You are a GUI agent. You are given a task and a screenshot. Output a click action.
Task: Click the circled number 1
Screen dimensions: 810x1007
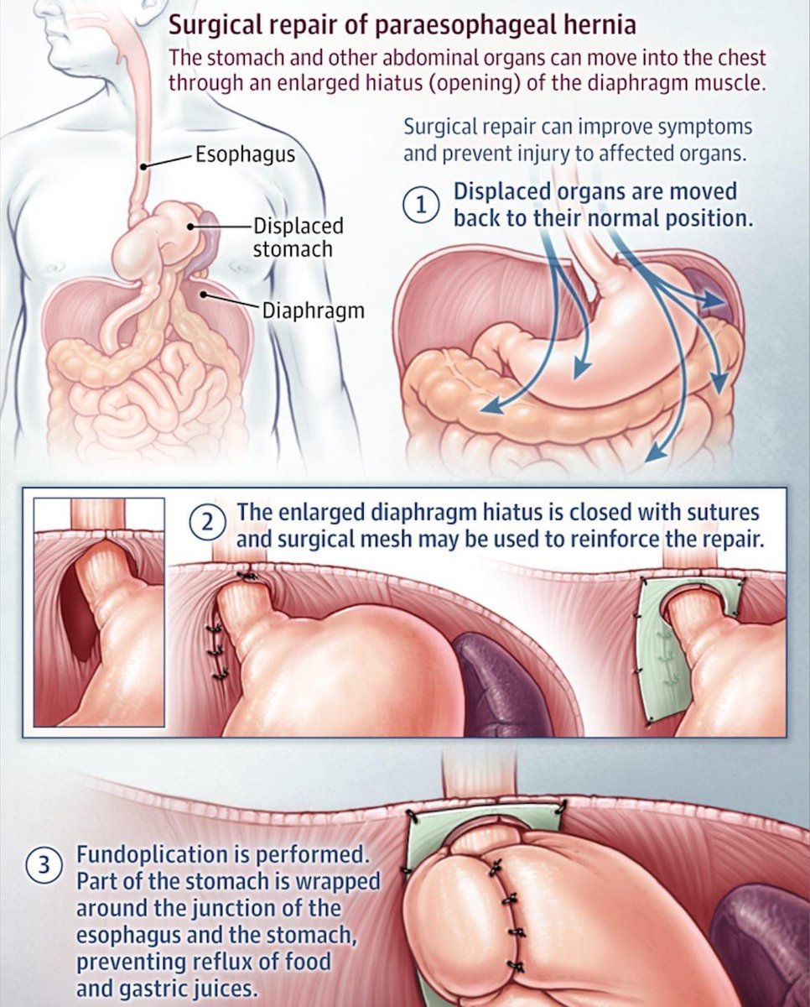[x=420, y=206]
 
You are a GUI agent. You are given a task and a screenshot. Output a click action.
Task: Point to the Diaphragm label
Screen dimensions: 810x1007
[x=314, y=310]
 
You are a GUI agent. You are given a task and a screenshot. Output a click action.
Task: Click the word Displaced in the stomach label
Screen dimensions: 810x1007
[x=299, y=227]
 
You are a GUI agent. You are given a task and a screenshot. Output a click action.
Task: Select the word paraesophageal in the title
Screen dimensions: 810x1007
[x=459, y=26]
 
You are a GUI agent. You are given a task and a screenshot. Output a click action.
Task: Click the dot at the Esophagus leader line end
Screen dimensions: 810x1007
[x=145, y=166]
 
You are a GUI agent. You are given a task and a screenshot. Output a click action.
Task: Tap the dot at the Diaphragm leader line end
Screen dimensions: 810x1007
[x=203, y=295]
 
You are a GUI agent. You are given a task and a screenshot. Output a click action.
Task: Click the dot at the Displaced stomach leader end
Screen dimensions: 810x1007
[x=190, y=227]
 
